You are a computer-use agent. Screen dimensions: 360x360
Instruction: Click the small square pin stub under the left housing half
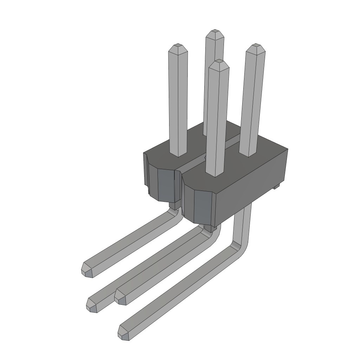point(173,205)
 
